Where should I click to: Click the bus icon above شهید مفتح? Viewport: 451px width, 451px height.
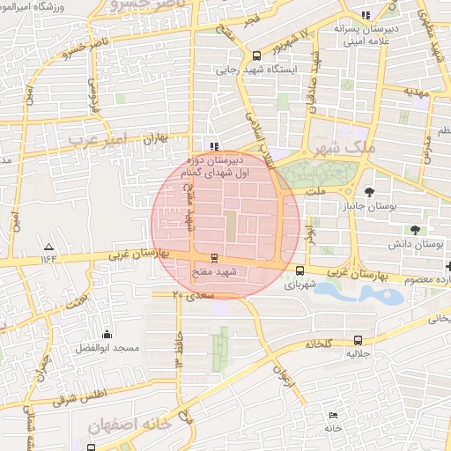pos(212,259)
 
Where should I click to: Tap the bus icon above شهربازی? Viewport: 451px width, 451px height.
pos(301,271)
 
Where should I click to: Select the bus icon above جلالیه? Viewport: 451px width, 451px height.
pos(357,340)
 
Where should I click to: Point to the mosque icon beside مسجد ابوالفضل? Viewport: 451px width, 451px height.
pos(107,334)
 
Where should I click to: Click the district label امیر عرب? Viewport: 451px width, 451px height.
pos(97,139)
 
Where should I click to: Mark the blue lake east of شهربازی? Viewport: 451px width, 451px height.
pos(361,293)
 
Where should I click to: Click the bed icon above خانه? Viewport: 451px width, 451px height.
pos(332,415)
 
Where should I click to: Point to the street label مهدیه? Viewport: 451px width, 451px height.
pos(413,91)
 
